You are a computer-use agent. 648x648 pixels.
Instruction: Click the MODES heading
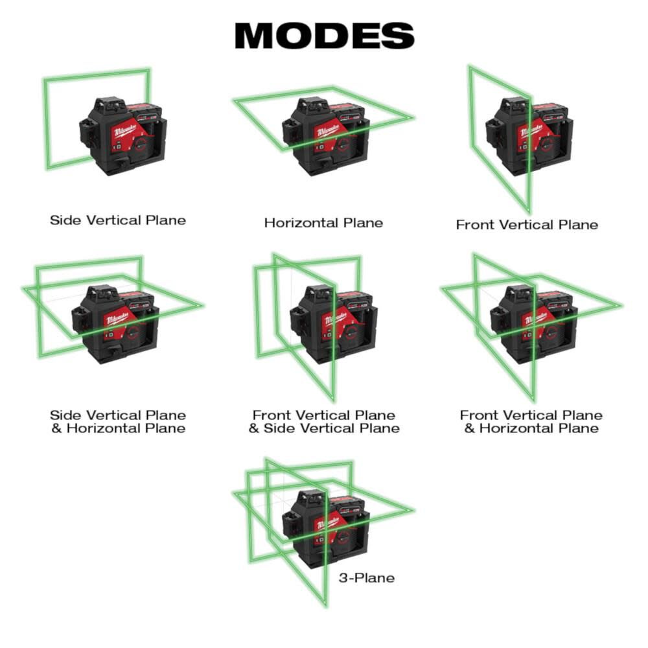click(324, 36)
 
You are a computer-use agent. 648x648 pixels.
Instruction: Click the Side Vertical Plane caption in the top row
click(118, 220)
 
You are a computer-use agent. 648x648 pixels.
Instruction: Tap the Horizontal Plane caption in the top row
click(323, 223)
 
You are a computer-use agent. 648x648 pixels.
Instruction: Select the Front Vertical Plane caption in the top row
click(527, 225)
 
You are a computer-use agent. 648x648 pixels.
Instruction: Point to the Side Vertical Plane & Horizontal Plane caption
click(118, 422)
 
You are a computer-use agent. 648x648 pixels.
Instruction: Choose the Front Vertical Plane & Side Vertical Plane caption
click(324, 422)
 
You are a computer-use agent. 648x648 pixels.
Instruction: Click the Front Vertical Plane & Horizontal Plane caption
click(531, 422)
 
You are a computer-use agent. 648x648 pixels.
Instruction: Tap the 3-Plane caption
click(366, 577)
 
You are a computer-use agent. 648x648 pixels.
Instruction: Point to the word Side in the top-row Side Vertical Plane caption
click(65, 220)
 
